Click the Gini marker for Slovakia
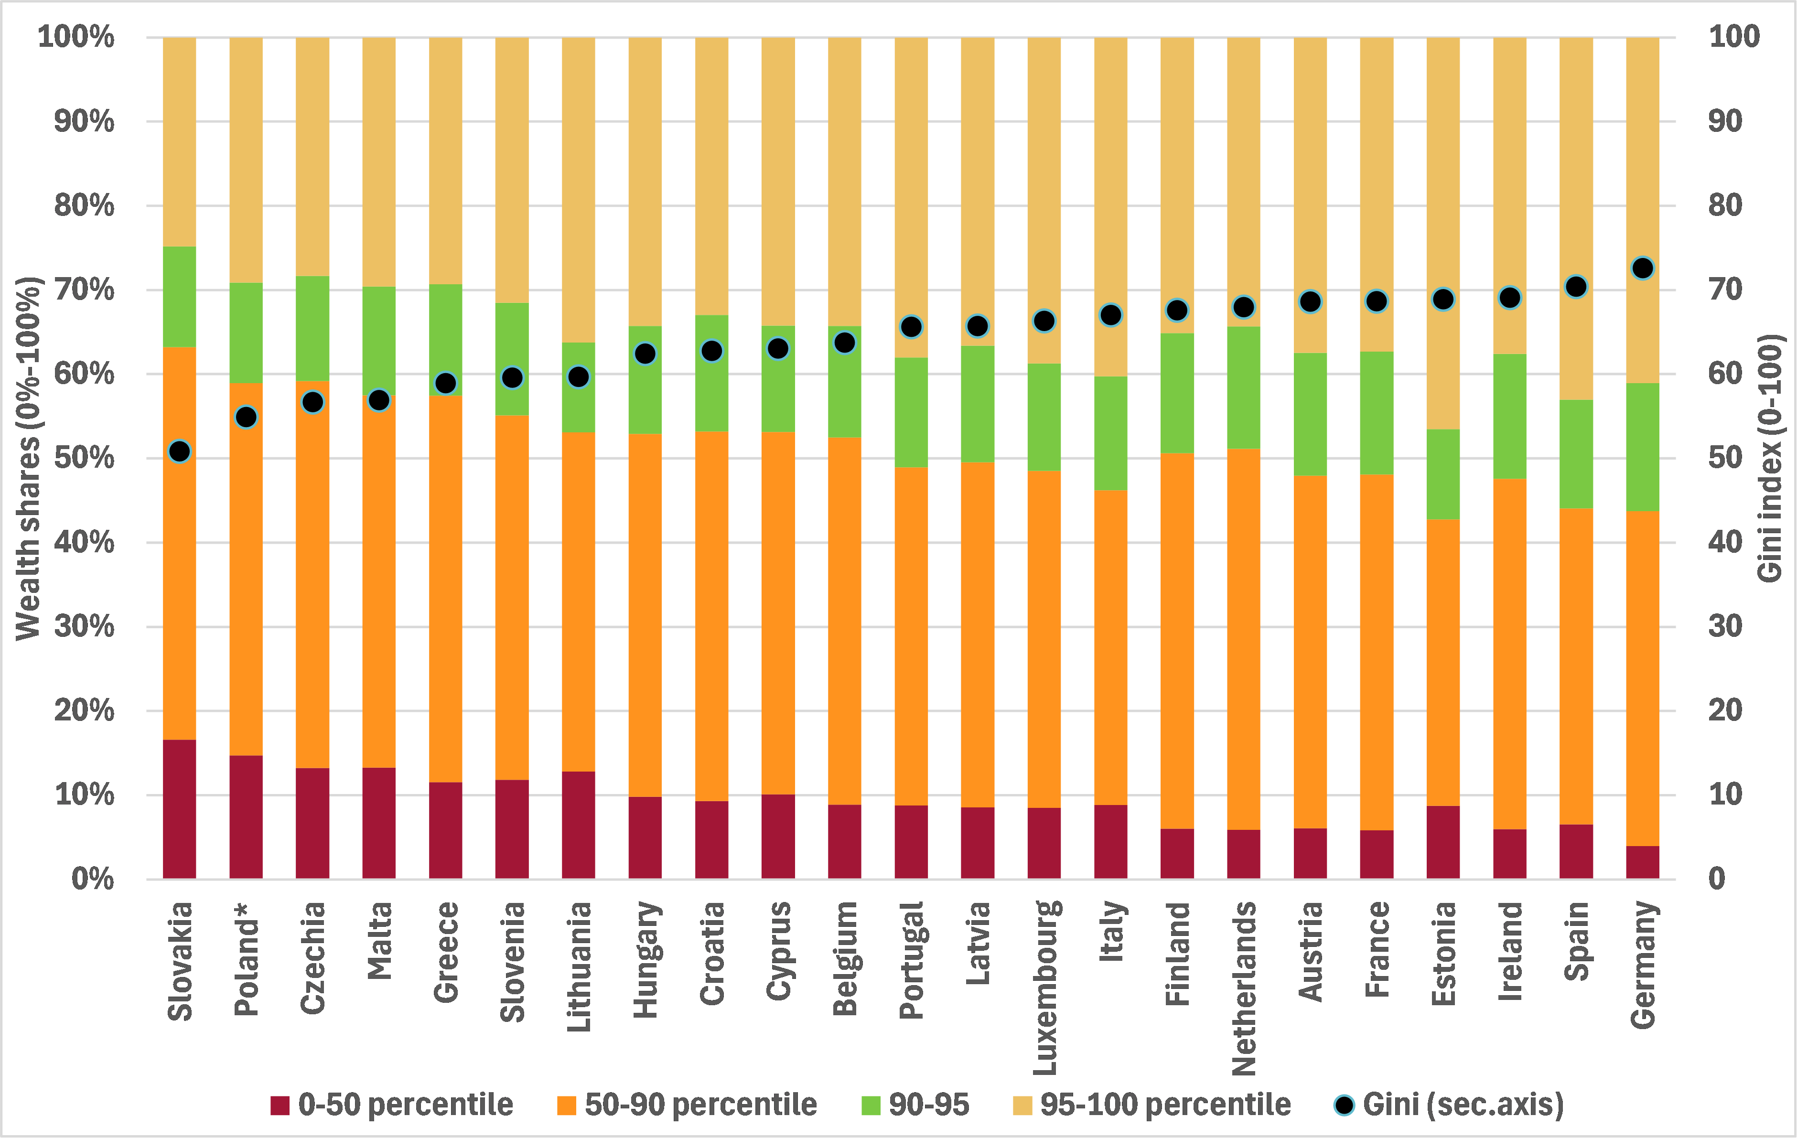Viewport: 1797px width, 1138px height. tap(180, 451)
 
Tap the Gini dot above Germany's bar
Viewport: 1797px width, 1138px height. tap(1643, 268)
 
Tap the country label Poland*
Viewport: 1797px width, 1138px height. tap(246, 959)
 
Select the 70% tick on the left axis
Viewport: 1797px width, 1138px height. tap(84, 290)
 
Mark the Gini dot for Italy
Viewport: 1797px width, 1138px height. tap(1110, 315)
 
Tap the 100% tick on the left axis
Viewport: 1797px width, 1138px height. tap(76, 37)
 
